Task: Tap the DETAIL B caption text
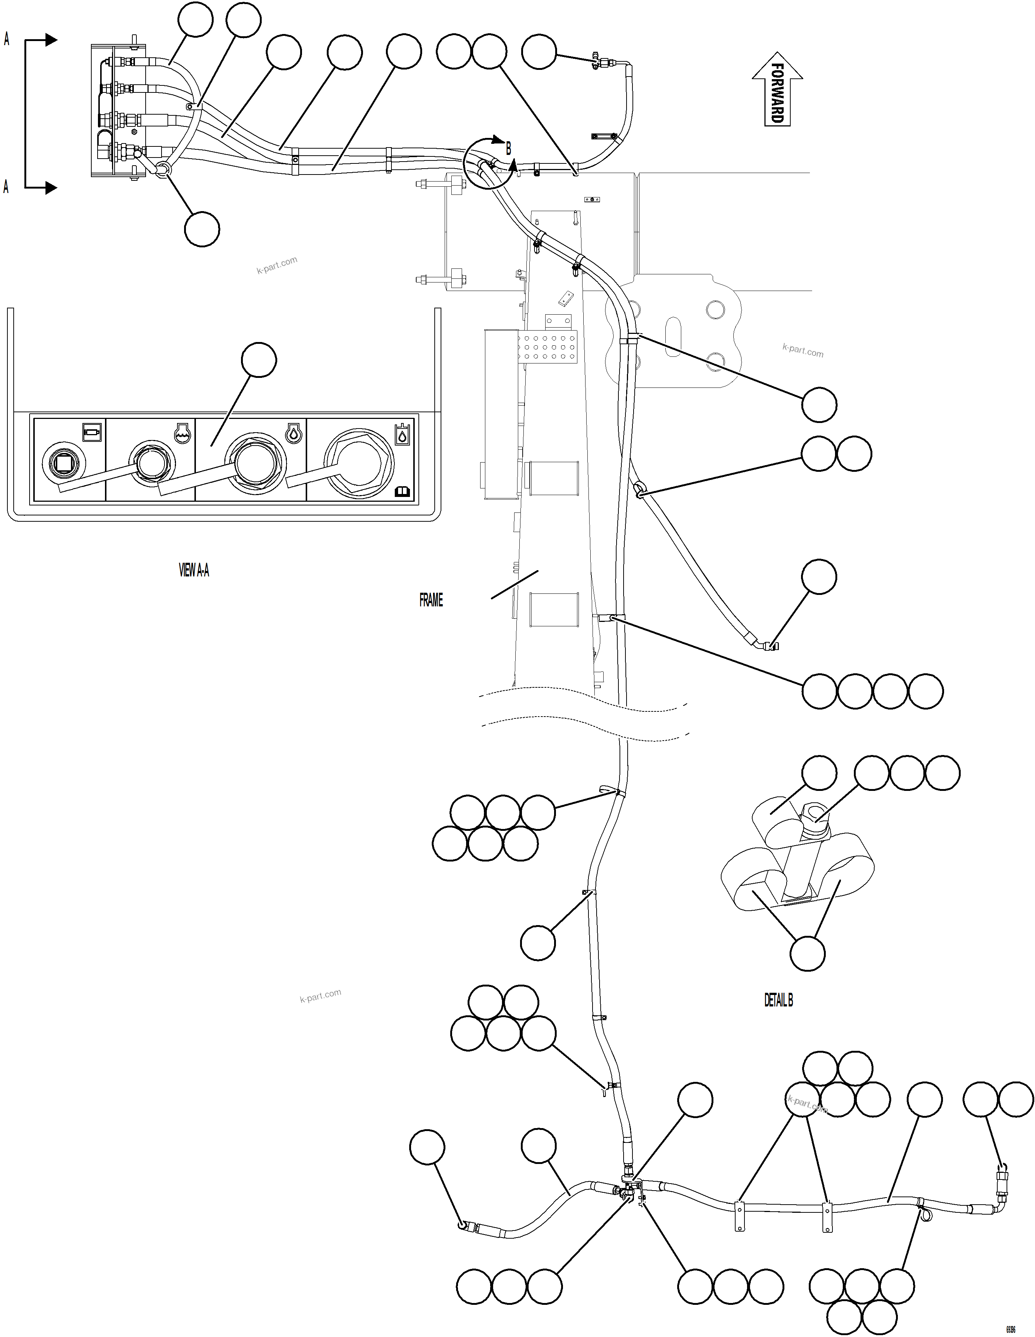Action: [778, 1000]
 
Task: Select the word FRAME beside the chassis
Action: [431, 600]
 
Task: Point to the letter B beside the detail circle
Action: [508, 148]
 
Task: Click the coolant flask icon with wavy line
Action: [181, 433]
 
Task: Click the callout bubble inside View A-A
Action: [259, 361]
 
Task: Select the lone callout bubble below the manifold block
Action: [202, 230]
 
